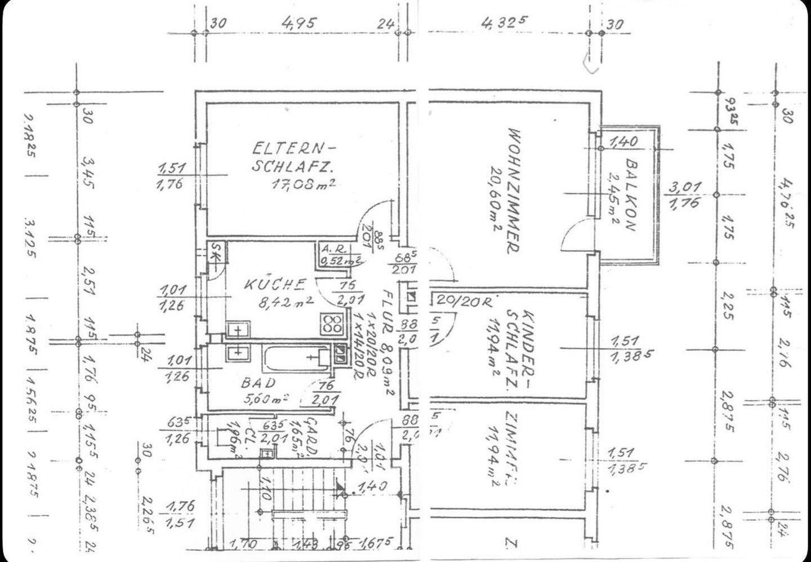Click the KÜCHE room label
coord(275,284)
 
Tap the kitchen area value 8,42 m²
coord(286,303)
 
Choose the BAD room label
coord(259,383)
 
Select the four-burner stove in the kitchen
coord(332,324)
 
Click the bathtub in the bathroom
coord(297,357)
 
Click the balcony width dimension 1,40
coord(624,141)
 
